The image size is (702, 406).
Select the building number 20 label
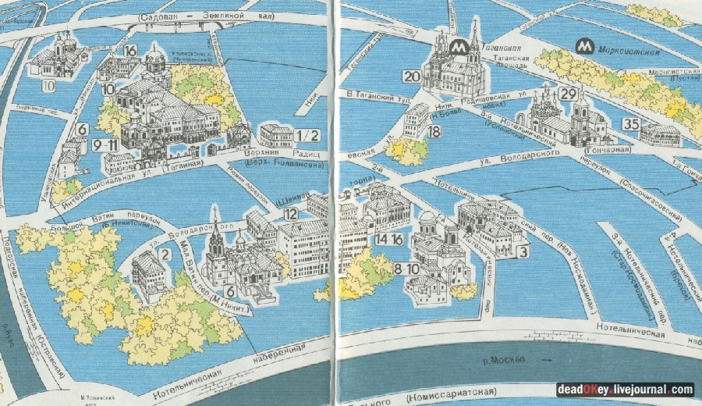coord(411,76)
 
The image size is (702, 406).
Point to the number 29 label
coord(568,94)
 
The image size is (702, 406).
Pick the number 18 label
coord(434,132)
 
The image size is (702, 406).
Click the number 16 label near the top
coord(129,51)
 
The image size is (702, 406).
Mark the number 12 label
coord(291,214)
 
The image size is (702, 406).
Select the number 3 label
coord(523,251)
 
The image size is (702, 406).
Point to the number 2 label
coord(165,254)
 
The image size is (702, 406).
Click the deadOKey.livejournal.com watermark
coord(624,390)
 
